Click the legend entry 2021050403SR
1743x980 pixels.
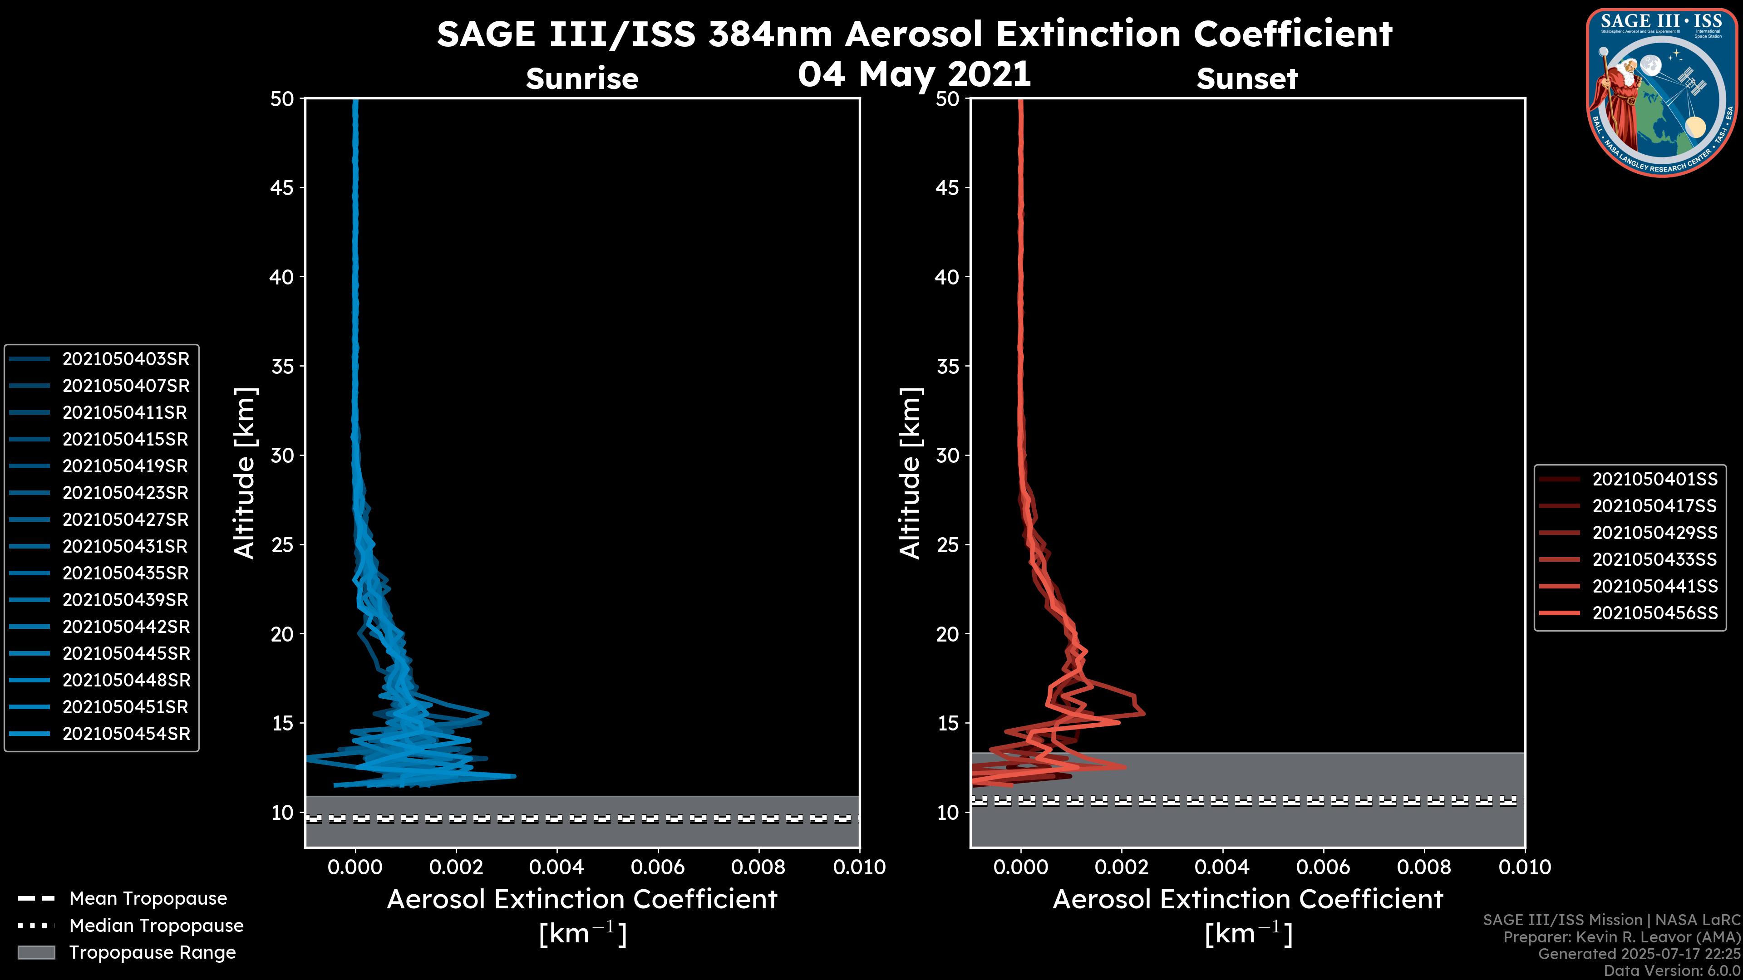coord(126,359)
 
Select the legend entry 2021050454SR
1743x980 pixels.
coord(126,734)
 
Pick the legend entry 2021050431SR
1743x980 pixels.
coord(126,546)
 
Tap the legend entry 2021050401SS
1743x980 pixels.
coord(1654,480)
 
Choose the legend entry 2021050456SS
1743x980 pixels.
coord(1654,613)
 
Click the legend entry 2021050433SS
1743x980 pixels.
coord(1654,560)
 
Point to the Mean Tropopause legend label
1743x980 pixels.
coord(148,899)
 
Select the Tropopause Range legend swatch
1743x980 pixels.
coord(36,952)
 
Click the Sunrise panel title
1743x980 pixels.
coord(582,79)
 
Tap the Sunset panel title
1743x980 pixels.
coord(1247,79)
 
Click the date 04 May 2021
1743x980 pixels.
coord(914,74)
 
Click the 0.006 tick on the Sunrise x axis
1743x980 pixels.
coord(658,867)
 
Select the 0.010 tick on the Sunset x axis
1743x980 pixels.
coord(1525,867)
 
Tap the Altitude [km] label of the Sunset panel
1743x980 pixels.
coord(910,473)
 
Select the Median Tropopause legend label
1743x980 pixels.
coord(156,926)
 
